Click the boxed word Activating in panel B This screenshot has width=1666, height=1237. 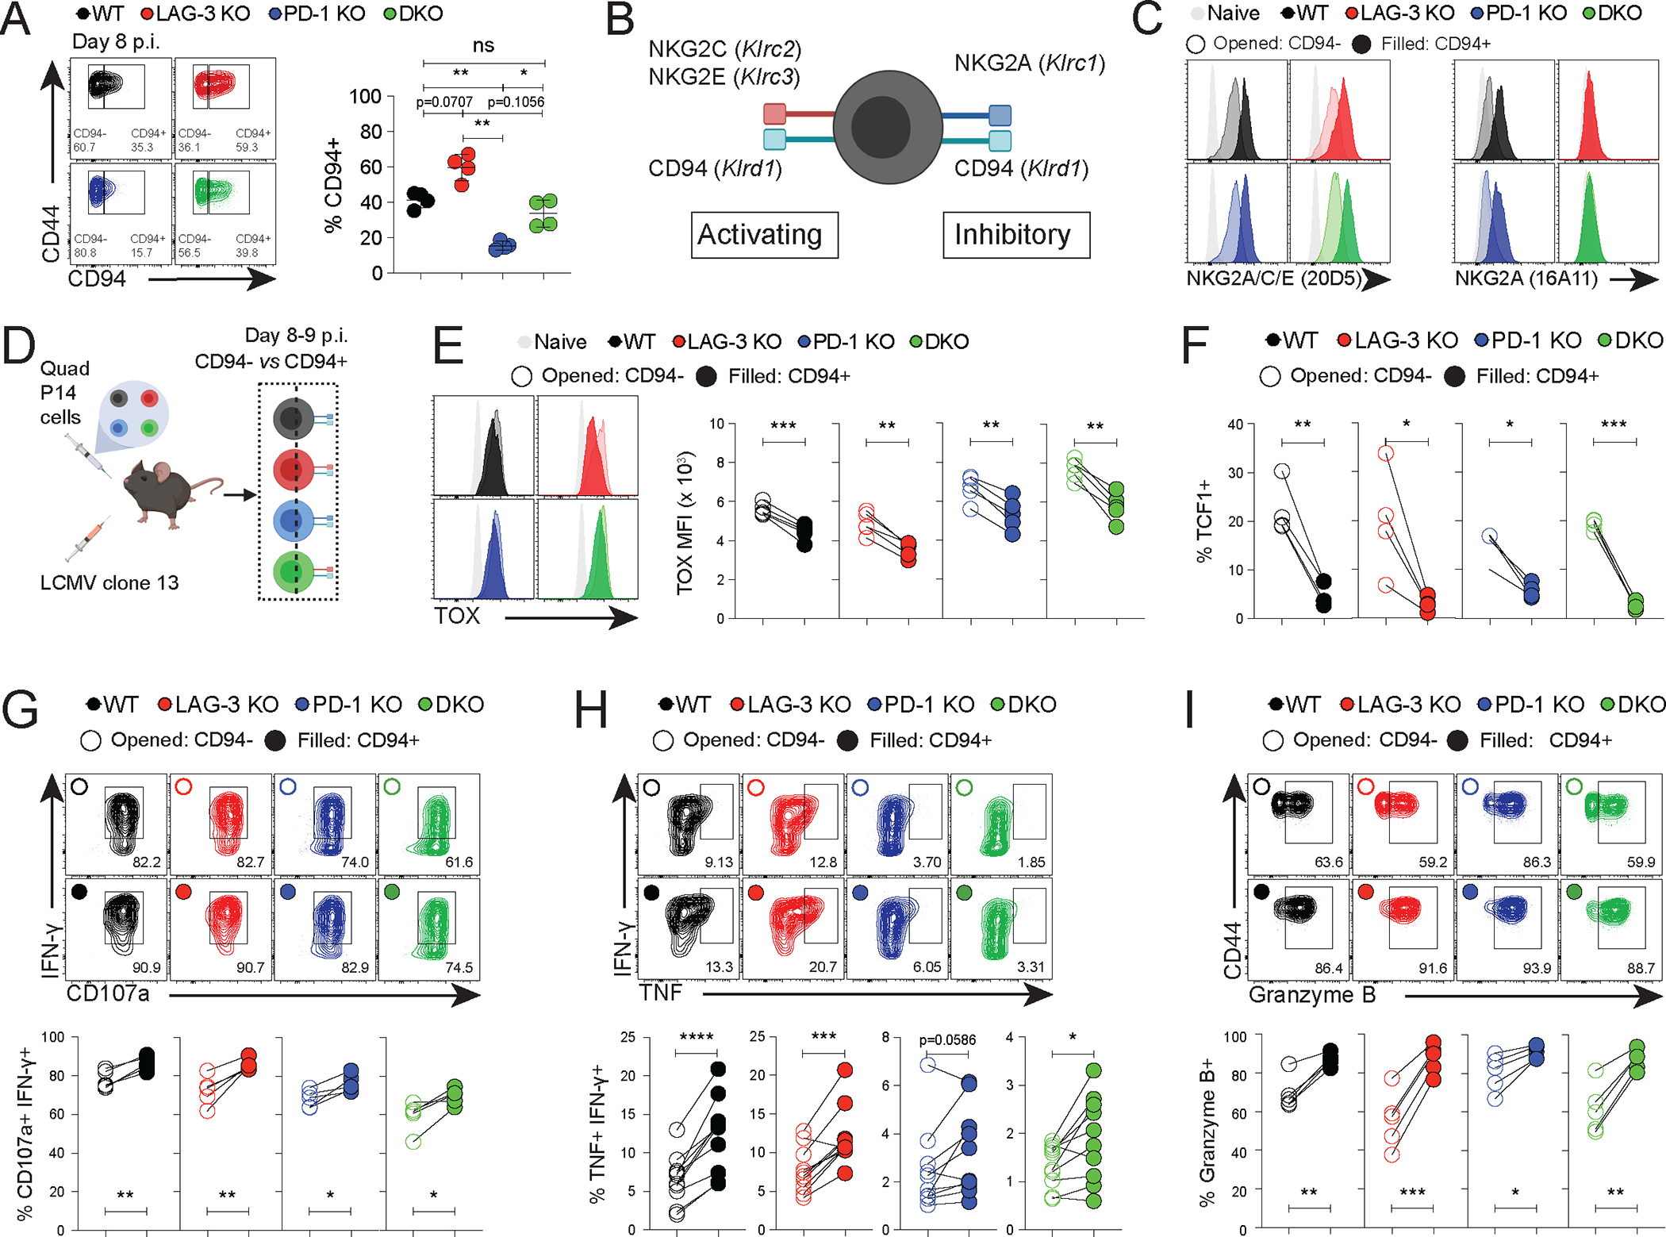coord(760,235)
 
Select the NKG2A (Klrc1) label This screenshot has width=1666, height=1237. coord(1029,63)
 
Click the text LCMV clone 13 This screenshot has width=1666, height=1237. coord(109,583)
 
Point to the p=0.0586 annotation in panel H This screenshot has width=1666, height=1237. coord(947,1039)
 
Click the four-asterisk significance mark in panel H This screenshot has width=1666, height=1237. coord(696,1037)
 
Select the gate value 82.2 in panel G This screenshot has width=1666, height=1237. coord(147,862)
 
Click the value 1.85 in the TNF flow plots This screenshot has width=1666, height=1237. coord(1031,862)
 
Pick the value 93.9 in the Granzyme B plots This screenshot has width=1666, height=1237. coord(1537,968)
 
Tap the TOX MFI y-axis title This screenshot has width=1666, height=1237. coord(685,524)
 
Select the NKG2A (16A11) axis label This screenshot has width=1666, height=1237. coord(1526,279)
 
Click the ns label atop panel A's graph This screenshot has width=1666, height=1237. coord(483,46)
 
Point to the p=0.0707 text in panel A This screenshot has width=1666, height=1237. coord(444,102)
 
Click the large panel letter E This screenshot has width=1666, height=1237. coord(448,347)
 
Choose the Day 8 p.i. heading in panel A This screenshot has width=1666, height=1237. coord(116,41)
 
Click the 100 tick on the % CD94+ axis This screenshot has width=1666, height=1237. coord(365,97)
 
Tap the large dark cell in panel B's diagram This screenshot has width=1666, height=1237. coord(887,127)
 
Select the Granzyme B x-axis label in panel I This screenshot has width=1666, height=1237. coord(1312,995)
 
